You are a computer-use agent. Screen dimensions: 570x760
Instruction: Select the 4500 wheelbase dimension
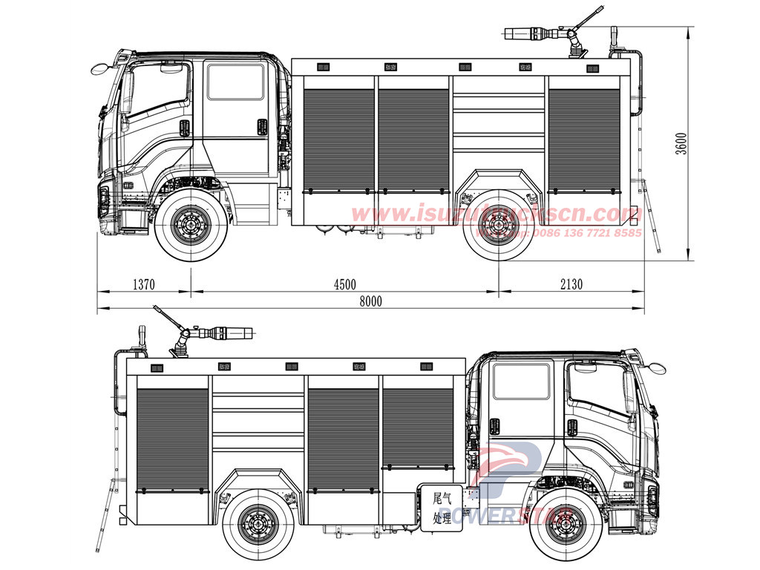[344, 284]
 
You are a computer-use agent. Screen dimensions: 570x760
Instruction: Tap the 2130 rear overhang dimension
[571, 284]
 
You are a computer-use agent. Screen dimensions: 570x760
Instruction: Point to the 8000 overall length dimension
[370, 301]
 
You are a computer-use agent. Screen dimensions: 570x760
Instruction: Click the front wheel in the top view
[191, 222]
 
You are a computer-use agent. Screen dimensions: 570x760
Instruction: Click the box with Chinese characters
[442, 505]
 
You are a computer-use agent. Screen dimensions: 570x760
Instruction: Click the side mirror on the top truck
[99, 69]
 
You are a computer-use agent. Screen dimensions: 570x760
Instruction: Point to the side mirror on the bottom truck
[656, 367]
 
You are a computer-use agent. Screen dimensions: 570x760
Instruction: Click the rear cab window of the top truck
[235, 82]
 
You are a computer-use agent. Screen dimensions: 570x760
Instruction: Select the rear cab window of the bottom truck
[522, 381]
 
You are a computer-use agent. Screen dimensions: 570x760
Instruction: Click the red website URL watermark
[496, 214]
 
